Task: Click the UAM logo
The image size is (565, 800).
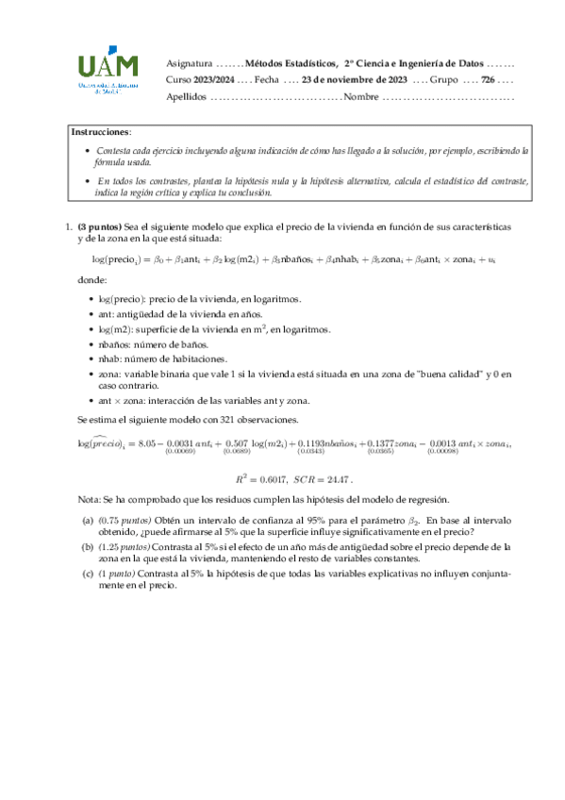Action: (108, 71)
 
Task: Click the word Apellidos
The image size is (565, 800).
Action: (186, 96)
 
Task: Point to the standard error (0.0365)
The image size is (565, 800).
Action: (381, 452)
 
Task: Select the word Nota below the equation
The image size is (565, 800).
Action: (90, 498)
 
